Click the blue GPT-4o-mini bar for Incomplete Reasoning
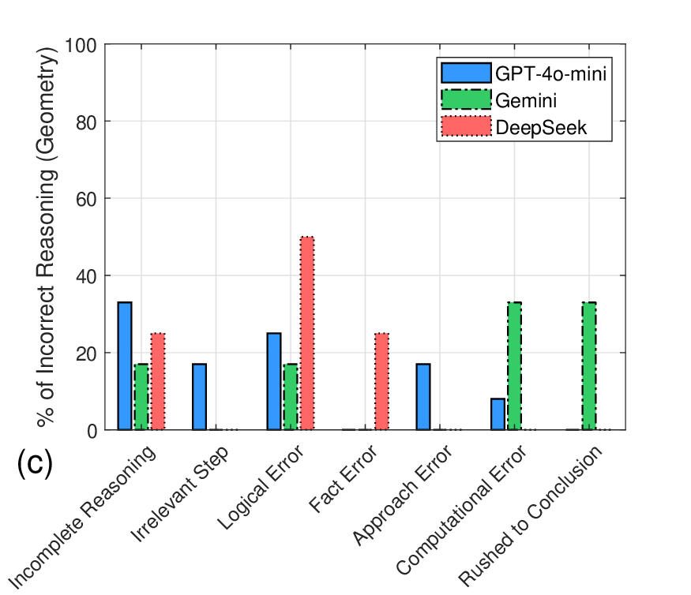coord(125,366)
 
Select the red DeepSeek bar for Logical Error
coord(307,333)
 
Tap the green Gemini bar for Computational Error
coord(514,366)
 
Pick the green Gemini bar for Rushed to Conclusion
coord(588,366)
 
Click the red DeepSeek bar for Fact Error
coord(381,382)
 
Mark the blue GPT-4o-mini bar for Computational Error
coord(498,414)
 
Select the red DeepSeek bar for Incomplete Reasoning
coord(158,382)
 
